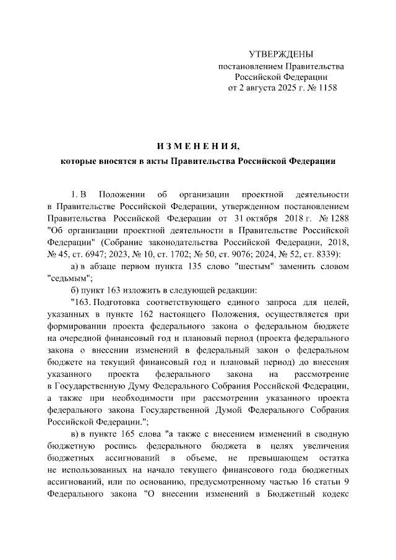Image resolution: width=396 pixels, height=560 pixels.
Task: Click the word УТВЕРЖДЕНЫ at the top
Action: click(x=280, y=54)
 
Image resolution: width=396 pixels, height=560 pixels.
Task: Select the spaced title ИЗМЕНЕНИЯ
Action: click(x=197, y=146)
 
